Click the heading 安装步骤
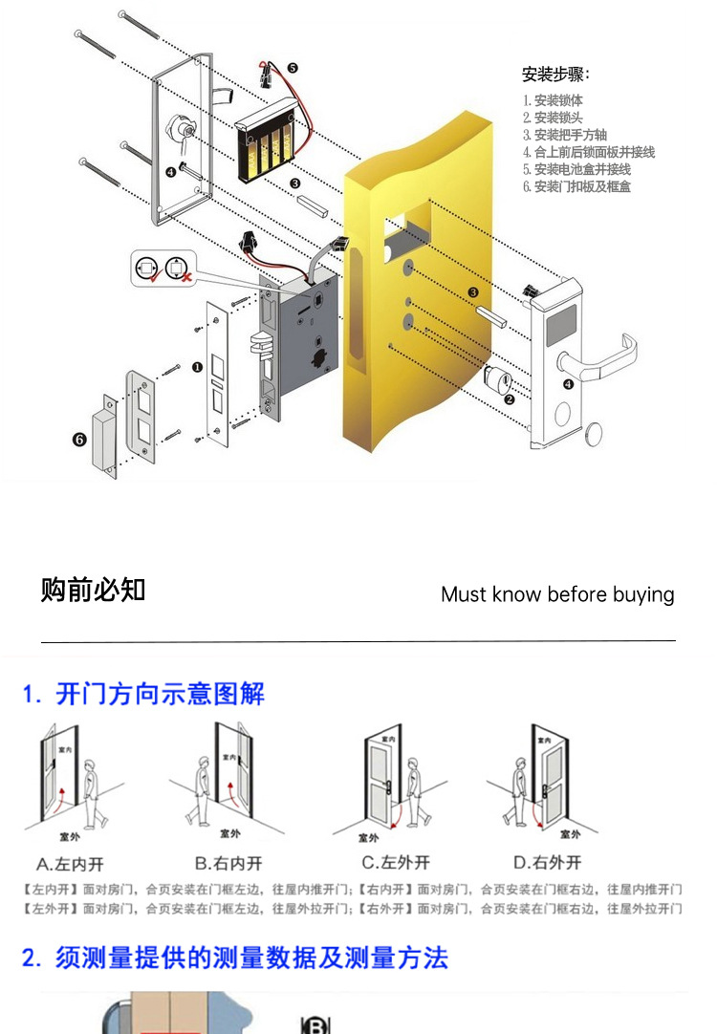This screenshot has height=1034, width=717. [555, 75]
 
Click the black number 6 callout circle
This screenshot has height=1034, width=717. [78, 440]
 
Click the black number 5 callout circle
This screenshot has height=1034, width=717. [292, 69]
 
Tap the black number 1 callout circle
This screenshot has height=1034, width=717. [197, 366]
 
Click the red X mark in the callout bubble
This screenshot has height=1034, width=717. [185, 277]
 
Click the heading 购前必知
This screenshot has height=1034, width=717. [93, 590]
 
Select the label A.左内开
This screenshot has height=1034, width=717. [70, 864]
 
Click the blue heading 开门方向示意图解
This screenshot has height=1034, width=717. [160, 694]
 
